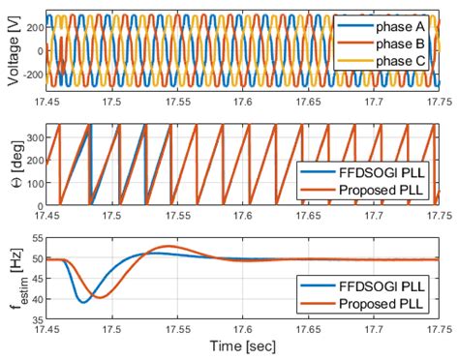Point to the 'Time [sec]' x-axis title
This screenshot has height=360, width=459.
click(245, 346)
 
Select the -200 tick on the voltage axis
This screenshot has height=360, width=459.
click(29, 75)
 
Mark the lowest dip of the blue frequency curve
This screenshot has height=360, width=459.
click(83, 302)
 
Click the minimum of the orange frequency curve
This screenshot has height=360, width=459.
click(98, 297)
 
